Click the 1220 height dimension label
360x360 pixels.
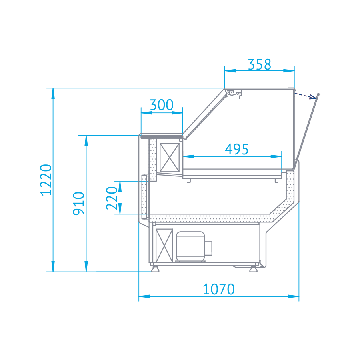click(x=46, y=180)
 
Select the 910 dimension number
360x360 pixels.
click(x=78, y=204)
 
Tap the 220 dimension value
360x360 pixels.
click(x=112, y=198)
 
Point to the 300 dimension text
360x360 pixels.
click(x=162, y=105)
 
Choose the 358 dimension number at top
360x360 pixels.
click(x=260, y=64)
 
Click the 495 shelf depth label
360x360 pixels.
click(x=236, y=149)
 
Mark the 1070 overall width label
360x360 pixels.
click(x=218, y=289)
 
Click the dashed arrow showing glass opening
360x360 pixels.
click(x=305, y=96)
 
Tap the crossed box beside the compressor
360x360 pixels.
click(x=164, y=246)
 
